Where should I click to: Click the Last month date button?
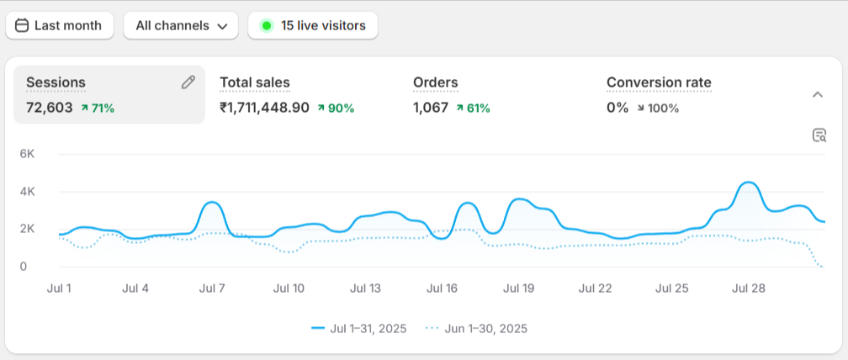point(59,25)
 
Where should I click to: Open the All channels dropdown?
point(181,25)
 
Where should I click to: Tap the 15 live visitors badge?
point(313,25)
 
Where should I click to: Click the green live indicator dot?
point(267,25)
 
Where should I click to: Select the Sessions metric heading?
point(56,82)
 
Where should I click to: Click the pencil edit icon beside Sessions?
point(188,82)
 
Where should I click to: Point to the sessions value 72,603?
point(50,108)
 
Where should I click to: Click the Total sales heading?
point(255,82)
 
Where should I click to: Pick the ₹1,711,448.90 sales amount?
point(264,108)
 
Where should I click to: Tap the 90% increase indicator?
point(336,108)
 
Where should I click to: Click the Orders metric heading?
point(436,82)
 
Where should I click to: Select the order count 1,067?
point(431,108)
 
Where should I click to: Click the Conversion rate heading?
point(659,82)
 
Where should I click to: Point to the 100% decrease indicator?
point(657,108)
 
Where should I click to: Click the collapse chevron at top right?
point(817,95)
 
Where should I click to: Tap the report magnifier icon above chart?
point(819,135)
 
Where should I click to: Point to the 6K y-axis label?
point(27,154)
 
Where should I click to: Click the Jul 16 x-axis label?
point(442,289)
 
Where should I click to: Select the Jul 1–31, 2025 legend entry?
point(359,328)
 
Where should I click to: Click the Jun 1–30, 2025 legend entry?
point(476,328)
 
